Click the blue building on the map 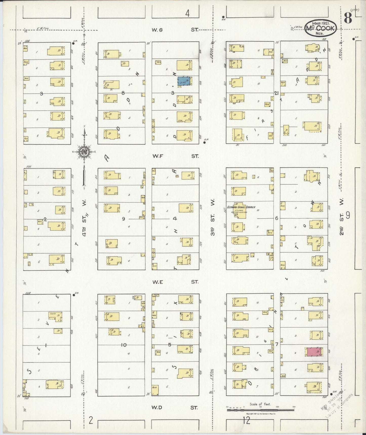coord(184,81)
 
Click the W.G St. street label coord(175,30)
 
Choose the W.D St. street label coord(175,408)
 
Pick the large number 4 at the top coord(187,13)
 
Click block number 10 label coord(124,345)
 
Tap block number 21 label coord(276,93)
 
